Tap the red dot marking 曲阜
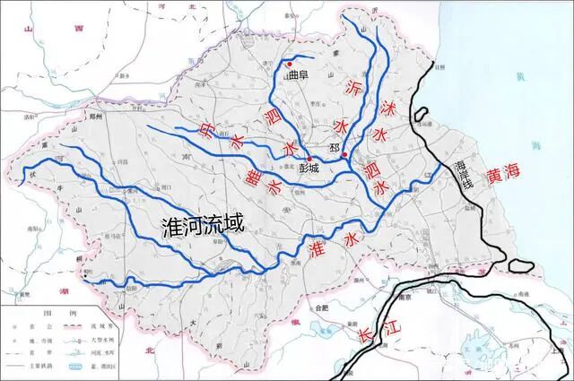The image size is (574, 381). coord(290,64)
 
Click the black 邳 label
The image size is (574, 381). coord(335,147)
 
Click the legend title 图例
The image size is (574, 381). coord(54,314)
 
